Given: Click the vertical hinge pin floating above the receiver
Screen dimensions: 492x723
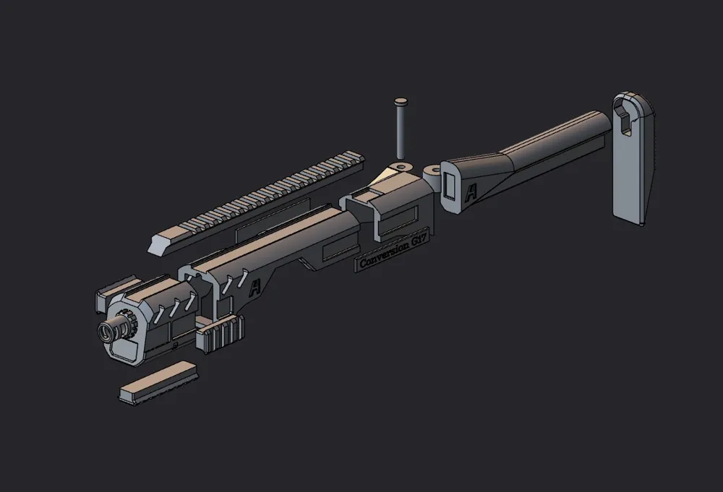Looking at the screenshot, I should pyautogui.click(x=399, y=130).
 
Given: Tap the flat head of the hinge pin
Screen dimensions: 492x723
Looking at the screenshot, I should pyautogui.click(x=400, y=102).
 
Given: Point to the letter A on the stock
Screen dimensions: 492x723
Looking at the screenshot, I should pyautogui.click(x=471, y=193).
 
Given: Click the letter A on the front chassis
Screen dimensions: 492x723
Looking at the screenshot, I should pyautogui.click(x=254, y=290).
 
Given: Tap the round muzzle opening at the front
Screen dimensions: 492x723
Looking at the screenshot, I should pyautogui.click(x=109, y=332).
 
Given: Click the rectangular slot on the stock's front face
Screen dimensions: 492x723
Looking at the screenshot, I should pyautogui.click(x=450, y=186).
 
